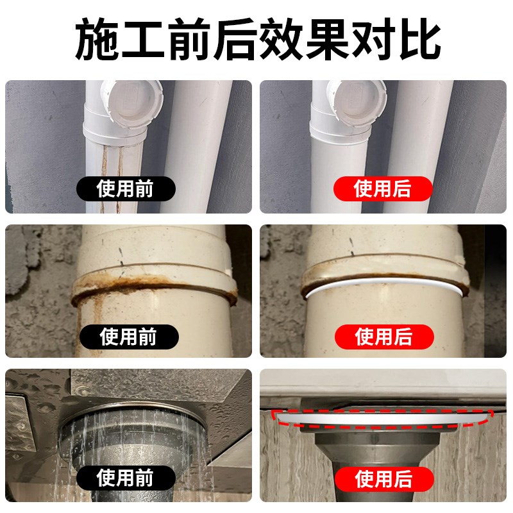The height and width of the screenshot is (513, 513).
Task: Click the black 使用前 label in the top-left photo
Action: [126, 189]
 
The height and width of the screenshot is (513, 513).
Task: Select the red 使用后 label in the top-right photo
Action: [383, 189]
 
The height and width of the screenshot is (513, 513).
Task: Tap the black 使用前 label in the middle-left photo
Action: [129, 336]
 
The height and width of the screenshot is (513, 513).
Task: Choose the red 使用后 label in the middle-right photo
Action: [384, 336]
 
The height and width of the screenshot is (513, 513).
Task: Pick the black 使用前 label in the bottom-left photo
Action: [126, 478]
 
